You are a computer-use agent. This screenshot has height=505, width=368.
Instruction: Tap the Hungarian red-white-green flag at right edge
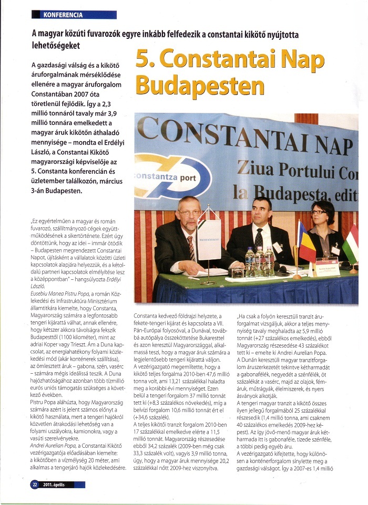click(x=352, y=244)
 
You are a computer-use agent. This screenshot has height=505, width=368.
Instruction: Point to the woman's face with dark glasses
click(x=321, y=215)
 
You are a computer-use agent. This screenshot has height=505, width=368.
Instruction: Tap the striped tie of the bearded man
click(x=191, y=247)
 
